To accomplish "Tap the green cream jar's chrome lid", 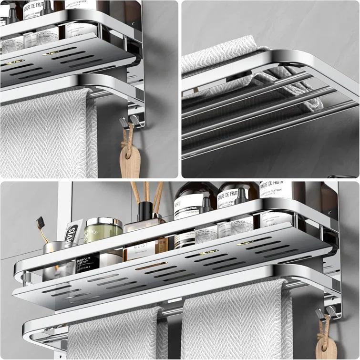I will pos(103,223).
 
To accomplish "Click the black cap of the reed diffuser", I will pos(145,211).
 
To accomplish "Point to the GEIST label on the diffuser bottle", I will pos(142,248).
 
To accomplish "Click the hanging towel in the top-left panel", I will pos(48,138).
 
